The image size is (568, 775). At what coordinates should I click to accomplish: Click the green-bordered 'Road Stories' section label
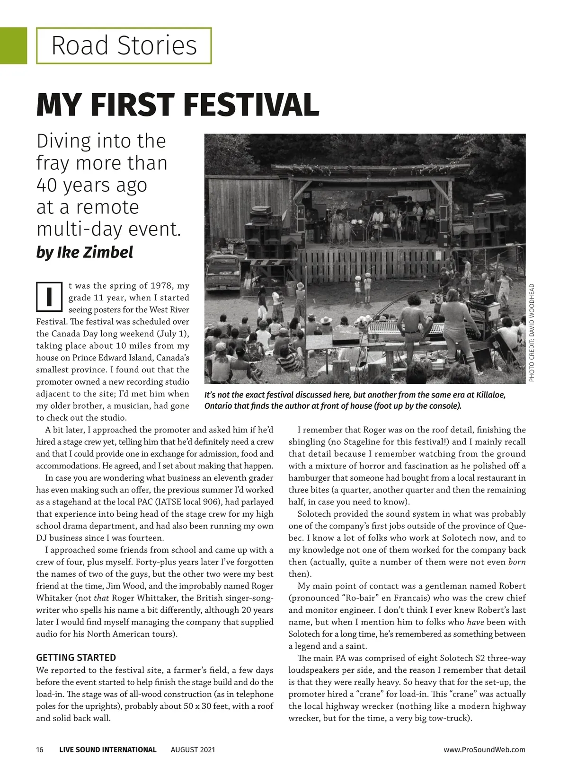pos(124,46)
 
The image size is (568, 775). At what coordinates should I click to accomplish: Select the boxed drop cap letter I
pos(49,297)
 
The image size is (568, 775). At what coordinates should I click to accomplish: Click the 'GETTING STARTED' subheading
pos(76,658)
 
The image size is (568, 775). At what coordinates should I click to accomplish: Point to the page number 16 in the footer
pos(40,749)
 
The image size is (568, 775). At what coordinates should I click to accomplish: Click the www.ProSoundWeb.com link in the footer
pos(484,749)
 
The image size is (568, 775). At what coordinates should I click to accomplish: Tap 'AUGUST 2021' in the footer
pos(193,749)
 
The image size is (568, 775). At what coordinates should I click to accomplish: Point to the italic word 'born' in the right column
pos(517,562)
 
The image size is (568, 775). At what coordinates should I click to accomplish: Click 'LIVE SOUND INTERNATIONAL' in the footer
pos(107,749)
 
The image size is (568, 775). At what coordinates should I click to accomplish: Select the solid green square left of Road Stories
pos(13,46)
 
